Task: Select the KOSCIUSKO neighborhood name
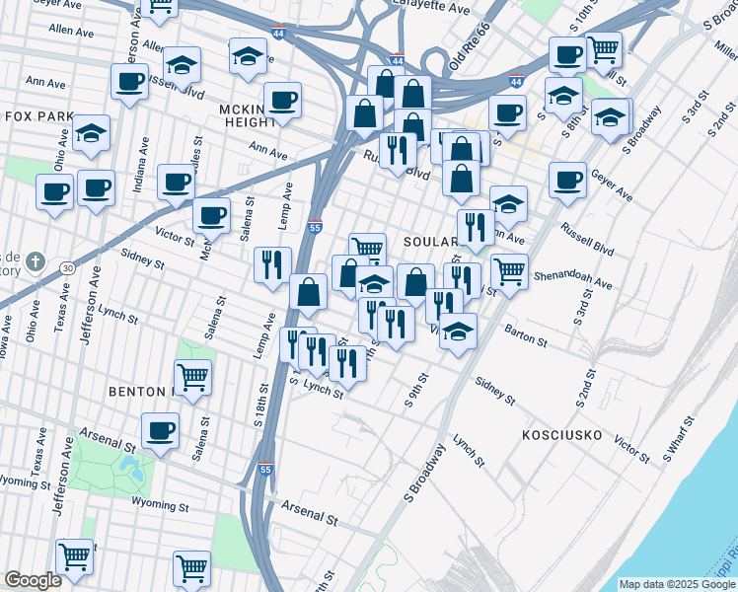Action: [569, 433]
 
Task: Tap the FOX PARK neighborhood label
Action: [40, 116]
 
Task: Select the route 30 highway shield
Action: [67, 267]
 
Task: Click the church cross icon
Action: [35, 261]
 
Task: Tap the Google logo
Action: [33, 580]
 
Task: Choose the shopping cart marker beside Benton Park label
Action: [192, 376]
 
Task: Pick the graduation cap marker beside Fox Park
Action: [92, 134]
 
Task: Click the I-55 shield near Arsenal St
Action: [263, 469]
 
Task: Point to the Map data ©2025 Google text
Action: [676, 584]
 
